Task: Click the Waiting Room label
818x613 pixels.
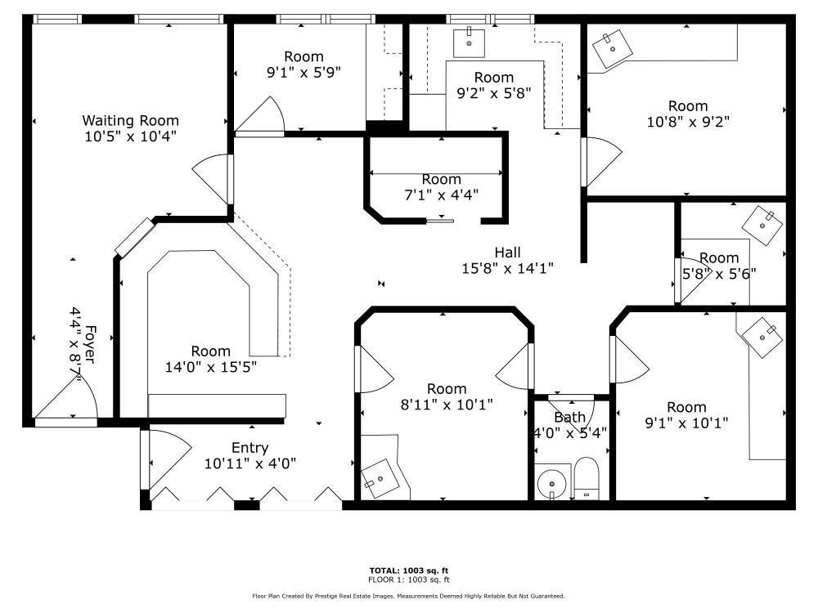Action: coord(130,120)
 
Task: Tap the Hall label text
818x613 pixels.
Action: coord(508,253)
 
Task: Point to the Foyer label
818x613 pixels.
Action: coord(91,345)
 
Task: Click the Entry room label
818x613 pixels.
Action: coord(249,448)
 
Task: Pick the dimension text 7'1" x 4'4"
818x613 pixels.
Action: coord(442,195)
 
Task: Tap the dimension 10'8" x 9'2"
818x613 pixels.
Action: coord(688,122)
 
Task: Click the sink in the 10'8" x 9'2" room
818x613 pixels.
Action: coord(613,49)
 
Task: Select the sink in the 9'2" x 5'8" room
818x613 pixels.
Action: coord(469,43)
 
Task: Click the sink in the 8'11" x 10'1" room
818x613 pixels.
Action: coord(381,479)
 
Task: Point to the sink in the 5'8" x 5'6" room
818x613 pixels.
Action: coord(762,226)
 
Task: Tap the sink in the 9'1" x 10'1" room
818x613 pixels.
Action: coord(762,338)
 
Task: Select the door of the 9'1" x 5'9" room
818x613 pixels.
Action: coord(260,116)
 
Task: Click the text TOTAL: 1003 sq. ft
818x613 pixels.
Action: coord(409,570)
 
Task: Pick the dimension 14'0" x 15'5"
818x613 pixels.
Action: coord(211,367)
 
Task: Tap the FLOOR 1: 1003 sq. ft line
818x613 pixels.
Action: coord(409,579)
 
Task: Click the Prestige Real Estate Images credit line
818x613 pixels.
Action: coord(408,596)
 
